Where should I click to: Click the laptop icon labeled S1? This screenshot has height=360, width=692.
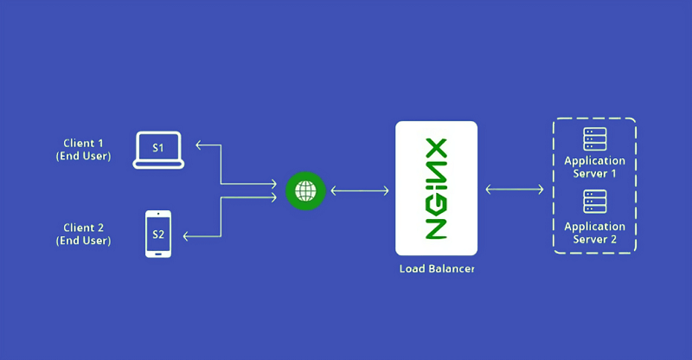tap(158, 151)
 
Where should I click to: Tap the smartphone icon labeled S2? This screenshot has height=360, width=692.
tap(158, 234)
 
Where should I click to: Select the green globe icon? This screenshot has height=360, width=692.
tap(305, 191)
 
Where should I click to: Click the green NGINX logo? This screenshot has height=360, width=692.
tap(436, 189)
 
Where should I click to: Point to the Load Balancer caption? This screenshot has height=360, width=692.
tap(437, 268)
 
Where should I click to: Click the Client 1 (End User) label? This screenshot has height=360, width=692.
tap(83, 150)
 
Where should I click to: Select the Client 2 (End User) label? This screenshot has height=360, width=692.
tap(83, 234)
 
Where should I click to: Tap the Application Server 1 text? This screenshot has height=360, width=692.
tap(594, 167)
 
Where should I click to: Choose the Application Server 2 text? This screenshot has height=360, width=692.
tap(594, 233)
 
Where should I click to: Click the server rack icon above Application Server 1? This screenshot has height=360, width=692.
tap(595, 139)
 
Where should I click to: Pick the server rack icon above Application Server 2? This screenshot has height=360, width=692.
tap(595, 202)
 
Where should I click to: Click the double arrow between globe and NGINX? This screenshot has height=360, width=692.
tap(360, 191)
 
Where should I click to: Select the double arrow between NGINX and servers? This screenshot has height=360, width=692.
tap(515, 190)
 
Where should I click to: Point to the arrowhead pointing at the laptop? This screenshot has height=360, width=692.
tap(199, 145)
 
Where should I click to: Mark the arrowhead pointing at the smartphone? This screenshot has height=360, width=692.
tap(186, 236)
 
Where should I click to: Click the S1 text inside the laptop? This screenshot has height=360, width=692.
tap(158, 148)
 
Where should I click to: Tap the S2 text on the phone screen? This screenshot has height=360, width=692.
tap(158, 235)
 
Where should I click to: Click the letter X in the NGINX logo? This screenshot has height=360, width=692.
tap(436, 150)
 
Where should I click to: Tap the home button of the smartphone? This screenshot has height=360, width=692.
tap(158, 254)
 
